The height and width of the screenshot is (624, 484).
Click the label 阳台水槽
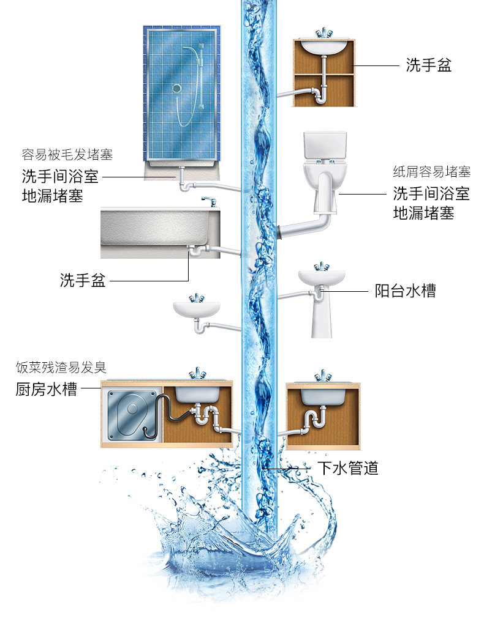(405, 291)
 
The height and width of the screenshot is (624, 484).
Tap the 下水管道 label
(347, 469)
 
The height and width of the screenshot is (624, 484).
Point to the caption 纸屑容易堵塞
(432, 171)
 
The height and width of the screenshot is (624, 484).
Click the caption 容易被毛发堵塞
(67, 154)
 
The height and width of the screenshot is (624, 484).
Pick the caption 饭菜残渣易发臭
(61, 367)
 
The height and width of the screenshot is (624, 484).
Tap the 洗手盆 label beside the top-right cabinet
(428, 65)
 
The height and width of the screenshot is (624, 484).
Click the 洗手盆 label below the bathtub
(83, 281)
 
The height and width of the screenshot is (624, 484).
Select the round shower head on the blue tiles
(177, 89)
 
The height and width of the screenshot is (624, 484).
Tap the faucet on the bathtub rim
(208, 201)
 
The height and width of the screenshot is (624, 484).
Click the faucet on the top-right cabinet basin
(324, 33)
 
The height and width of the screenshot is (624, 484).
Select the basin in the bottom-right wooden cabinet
(323, 395)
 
